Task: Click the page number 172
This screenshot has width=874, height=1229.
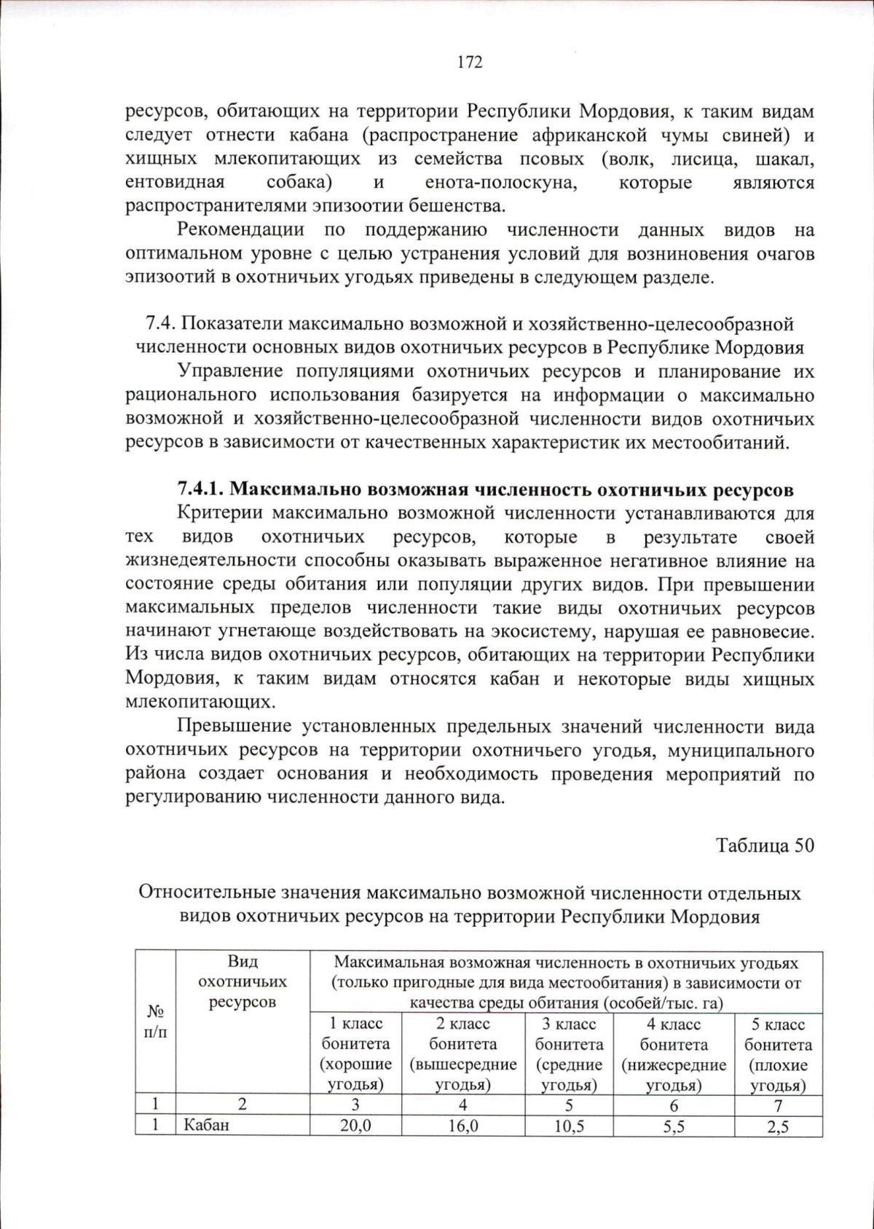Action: point(470,63)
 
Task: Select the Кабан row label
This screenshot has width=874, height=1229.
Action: point(206,1126)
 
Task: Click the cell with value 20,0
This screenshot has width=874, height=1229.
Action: point(355,1126)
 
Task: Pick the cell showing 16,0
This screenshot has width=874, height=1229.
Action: point(462,1126)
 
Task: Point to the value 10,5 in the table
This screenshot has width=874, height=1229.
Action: point(569,1126)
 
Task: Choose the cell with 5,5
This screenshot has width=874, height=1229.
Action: point(674,1126)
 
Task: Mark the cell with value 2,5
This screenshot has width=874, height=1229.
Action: point(778,1126)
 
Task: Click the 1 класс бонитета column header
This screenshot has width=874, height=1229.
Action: point(355,1054)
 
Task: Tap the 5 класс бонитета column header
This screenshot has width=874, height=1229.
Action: point(778,1054)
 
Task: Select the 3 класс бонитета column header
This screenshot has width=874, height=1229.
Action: point(569,1054)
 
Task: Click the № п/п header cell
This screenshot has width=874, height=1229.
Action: point(155,1021)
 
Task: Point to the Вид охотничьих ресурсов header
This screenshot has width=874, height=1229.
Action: point(243,981)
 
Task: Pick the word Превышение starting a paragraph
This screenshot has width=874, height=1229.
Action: point(234,726)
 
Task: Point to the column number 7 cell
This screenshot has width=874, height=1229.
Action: point(778,1105)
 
